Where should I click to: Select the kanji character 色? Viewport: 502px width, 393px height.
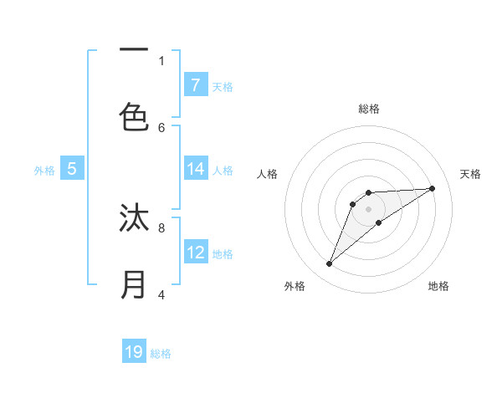coord(135,117)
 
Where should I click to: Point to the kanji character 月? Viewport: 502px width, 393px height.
coord(135,285)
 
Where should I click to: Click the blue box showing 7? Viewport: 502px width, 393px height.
coord(195,85)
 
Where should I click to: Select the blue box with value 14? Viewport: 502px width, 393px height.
coord(195,169)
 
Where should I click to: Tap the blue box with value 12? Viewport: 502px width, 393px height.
coord(195,253)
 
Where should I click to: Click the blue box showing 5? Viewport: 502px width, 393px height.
coord(72,169)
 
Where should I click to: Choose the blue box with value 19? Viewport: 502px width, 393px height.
coord(134,352)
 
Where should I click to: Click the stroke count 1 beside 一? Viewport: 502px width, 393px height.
coord(161,60)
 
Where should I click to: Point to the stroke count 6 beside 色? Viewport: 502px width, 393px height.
coord(161,127)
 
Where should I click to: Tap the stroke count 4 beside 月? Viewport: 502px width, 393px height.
coord(161,294)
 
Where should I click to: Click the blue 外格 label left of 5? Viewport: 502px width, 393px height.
coord(44,171)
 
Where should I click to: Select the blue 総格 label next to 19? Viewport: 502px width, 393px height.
coord(161,354)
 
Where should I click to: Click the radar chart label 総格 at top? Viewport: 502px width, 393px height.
coord(369,109)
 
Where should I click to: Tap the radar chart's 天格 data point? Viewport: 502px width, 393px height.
coord(432,188)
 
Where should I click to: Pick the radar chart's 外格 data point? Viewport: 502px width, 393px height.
coord(329,264)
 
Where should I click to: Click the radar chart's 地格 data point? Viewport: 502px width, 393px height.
coord(379,222)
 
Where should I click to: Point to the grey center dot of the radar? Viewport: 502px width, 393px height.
coord(369,209)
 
